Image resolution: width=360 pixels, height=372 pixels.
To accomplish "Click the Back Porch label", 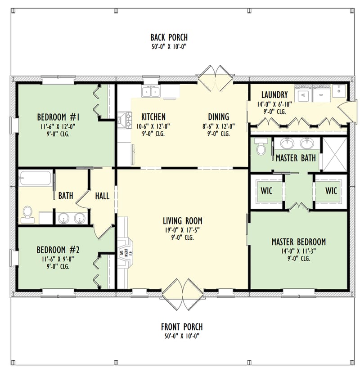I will click(169, 37).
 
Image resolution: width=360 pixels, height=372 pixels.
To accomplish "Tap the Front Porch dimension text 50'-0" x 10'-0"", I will click(181, 336).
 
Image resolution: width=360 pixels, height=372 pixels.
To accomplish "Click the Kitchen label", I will click(153, 117).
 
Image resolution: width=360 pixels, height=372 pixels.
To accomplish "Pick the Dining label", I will click(218, 117).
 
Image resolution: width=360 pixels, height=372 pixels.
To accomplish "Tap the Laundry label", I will click(274, 95).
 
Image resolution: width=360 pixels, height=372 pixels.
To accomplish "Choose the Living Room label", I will click(182, 221).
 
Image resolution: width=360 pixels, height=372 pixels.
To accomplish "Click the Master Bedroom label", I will click(298, 242).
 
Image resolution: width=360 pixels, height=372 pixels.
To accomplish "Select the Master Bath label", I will click(295, 158).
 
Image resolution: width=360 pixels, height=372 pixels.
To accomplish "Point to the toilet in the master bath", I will click(261, 147).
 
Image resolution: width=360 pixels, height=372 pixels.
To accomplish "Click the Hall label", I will click(102, 196).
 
